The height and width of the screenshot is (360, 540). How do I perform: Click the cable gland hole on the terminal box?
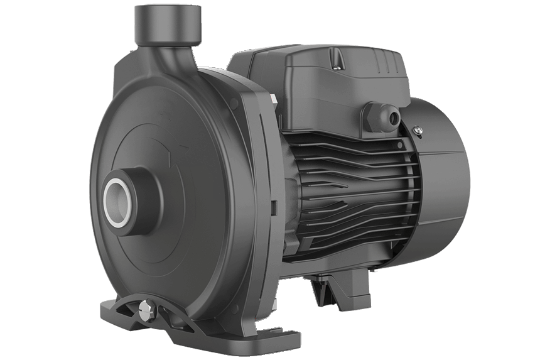pyautogui.click(x=393, y=116)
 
